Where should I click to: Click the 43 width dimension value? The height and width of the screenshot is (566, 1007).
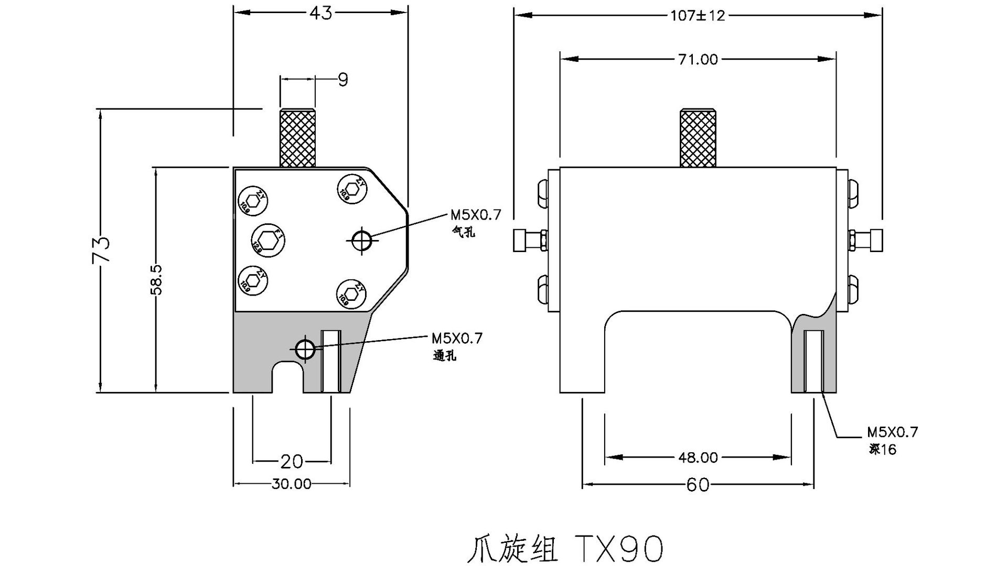tap(320, 13)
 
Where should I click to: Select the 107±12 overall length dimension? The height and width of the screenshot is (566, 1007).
tap(698, 16)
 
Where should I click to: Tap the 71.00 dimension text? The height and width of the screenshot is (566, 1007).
tap(698, 59)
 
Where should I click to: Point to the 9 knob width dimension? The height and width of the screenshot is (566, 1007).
tap(342, 80)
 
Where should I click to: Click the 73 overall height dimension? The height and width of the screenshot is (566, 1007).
tap(101, 250)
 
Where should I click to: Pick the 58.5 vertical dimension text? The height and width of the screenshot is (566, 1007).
tap(157, 280)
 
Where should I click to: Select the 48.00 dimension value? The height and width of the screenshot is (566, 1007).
tap(698, 458)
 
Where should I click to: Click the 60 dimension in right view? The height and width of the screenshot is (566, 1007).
tap(698, 485)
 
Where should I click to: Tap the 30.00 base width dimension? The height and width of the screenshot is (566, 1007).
tap(292, 484)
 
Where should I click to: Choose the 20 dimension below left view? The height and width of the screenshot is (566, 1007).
tap(292, 461)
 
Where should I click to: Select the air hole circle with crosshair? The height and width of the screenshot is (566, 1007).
tap(361, 240)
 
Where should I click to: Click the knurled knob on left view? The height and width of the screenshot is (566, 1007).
tap(297, 137)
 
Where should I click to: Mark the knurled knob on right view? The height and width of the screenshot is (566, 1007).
tap(698, 138)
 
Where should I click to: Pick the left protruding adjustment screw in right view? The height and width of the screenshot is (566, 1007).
tap(529, 240)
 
